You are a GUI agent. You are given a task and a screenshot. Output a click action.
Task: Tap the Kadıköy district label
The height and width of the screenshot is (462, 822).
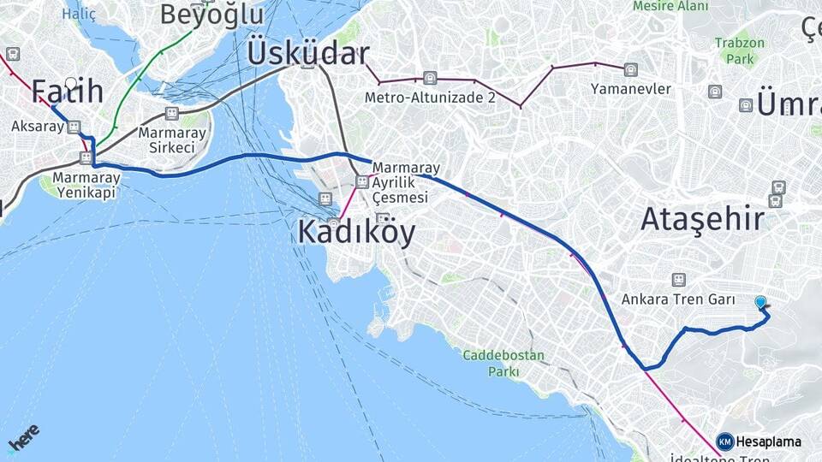coord(356,232)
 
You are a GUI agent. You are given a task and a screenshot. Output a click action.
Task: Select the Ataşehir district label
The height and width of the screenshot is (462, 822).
coord(702,219)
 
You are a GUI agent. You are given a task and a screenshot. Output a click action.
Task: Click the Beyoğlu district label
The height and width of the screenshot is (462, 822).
coord(211,14)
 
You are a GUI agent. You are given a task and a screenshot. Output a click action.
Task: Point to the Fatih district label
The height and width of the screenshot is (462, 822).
coord(68,91)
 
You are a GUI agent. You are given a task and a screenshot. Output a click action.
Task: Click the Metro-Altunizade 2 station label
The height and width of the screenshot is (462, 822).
coord(430,98)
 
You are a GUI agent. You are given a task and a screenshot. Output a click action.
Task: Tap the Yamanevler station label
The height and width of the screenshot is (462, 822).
coord(630,88)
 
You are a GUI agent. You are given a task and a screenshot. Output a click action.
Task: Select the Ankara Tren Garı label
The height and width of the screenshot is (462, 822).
coord(679,299)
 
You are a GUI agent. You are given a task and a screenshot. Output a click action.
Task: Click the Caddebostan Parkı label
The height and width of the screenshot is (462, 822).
coord(492,363)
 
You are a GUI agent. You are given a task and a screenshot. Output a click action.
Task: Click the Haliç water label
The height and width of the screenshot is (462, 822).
coord(79,14)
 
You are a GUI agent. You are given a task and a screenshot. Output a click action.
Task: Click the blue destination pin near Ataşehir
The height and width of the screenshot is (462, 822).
coord(760,302)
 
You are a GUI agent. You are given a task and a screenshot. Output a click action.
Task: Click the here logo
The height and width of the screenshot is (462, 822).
coord(23,439)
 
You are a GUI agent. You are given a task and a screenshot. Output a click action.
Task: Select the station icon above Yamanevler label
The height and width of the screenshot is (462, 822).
coord(631,70)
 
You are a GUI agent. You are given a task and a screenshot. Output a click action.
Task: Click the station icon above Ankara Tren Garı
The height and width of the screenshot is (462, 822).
coord(679,280)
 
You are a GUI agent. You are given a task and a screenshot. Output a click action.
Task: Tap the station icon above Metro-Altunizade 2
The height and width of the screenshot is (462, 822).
coord(430,79)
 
